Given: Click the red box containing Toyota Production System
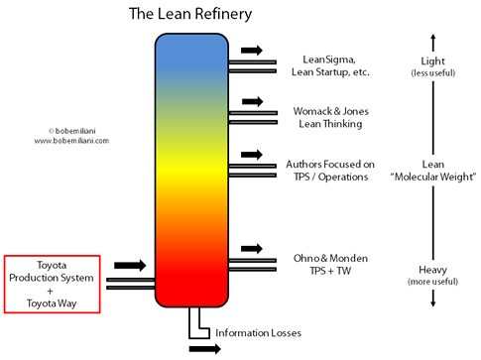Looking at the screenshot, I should (52, 283).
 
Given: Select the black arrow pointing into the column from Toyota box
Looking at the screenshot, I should (130, 266).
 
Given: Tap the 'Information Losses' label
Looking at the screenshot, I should (258, 331).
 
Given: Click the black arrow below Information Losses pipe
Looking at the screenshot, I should (203, 349).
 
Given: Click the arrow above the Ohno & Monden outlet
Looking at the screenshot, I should (251, 248).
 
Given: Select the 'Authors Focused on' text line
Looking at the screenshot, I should (329, 163).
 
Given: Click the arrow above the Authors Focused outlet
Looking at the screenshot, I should (251, 155).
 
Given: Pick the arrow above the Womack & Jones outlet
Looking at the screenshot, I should (251, 101).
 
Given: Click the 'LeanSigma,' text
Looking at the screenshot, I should (329, 59).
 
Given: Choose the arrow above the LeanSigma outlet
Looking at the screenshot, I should (251, 49).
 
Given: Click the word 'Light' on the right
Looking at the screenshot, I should (432, 61).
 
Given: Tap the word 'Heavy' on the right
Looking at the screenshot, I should (432, 269).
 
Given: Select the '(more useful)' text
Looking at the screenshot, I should (432, 282).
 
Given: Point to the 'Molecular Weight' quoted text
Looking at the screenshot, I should (432, 176).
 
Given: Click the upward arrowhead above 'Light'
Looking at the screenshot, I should (432, 38).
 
